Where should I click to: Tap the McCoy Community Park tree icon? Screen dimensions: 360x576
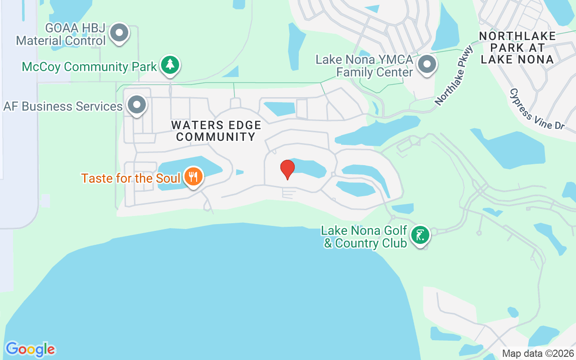170,65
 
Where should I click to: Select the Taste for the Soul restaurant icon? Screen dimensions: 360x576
193,177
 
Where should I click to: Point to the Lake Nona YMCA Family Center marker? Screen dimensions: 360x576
425,65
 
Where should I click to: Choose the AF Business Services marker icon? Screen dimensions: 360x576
136,105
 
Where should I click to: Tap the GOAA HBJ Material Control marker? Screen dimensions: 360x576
119,33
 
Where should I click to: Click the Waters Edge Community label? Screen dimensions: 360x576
216,131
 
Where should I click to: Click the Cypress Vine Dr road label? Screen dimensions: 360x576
536,109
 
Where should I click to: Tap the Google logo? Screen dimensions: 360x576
30,349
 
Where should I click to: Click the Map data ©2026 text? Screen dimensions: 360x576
538,353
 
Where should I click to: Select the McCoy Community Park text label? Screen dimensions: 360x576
89,67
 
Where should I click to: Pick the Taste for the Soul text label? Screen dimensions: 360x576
131,178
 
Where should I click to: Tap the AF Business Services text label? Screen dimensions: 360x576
63,107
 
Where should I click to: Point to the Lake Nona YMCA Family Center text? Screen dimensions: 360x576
364,66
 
